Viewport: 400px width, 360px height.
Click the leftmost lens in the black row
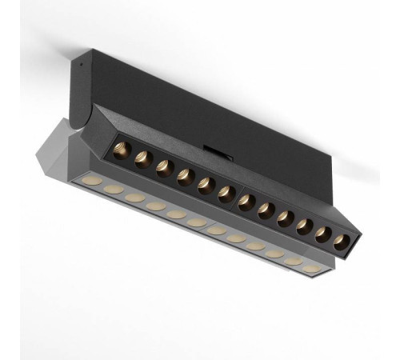122,150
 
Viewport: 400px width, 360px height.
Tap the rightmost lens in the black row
342,240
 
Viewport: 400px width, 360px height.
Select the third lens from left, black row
164,166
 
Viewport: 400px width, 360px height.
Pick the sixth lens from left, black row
225,191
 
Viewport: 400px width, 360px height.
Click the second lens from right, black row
323,233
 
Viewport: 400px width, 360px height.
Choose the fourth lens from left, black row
185,174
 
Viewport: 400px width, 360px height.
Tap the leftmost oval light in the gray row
93,181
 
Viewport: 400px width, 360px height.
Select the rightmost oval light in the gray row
313,268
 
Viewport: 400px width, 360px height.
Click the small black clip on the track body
214,149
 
